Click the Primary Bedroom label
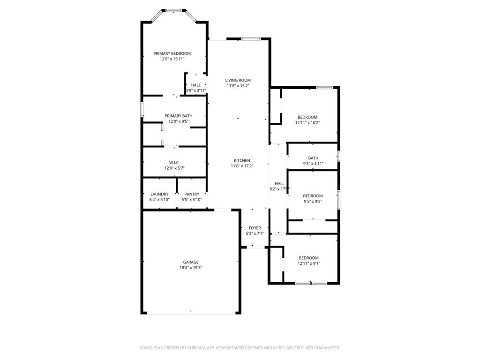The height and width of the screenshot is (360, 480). [x=172, y=53]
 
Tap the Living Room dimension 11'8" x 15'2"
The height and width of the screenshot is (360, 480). [x=238, y=86]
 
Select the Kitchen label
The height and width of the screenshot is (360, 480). [x=242, y=160]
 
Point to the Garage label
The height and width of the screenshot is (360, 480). [x=190, y=262]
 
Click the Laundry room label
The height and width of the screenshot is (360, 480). [x=159, y=194]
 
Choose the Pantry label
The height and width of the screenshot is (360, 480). [x=191, y=194]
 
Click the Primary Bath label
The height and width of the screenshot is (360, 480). [x=178, y=116]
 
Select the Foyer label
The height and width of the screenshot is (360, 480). [x=255, y=228]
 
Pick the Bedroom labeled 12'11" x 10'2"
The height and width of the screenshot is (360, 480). [x=307, y=117]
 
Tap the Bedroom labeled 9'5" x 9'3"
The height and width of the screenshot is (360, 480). [x=313, y=196]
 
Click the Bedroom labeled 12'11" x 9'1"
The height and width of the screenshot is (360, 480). [x=309, y=258]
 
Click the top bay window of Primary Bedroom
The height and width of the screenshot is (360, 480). [x=173, y=10]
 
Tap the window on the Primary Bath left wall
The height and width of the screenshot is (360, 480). [x=142, y=108]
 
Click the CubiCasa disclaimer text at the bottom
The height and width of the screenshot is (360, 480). [x=240, y=348]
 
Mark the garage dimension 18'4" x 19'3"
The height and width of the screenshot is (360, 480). [x=190, y=268]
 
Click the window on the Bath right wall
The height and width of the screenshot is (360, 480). [x=339, y=156]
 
